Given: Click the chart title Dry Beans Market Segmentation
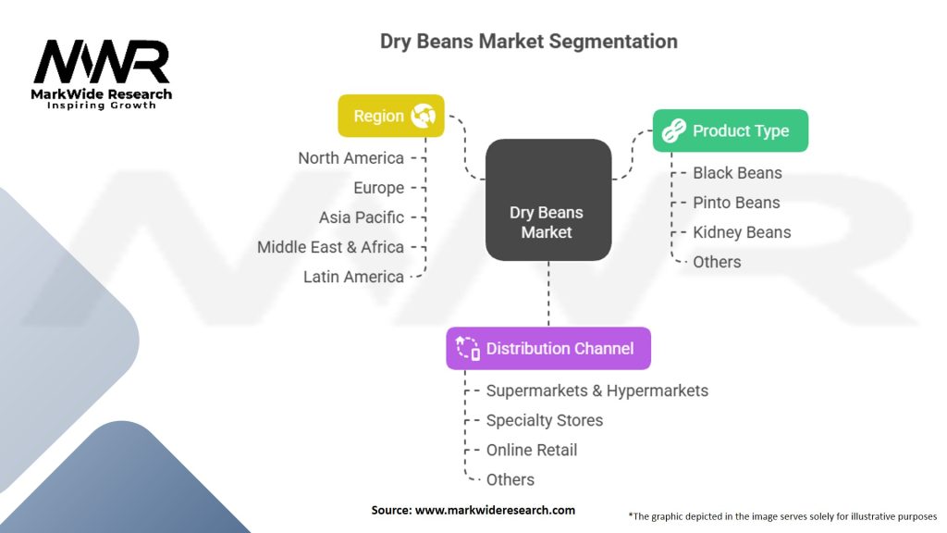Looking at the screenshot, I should [528, 42].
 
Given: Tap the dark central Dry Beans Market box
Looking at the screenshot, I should [547, 222].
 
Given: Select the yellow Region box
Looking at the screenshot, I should [390, 116].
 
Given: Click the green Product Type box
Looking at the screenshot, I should [730, 130].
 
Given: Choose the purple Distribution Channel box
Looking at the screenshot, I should [547, 349].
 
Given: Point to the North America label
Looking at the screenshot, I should [351, 158].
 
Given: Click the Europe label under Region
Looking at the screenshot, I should [378, 188].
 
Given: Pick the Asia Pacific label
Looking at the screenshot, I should [361, 217].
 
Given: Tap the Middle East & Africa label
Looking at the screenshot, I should [330, 247].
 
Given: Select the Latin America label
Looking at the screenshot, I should [353, 277].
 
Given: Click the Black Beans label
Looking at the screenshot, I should [737, 173].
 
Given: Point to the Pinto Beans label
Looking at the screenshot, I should [736, 203].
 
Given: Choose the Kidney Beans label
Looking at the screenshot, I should [742, 232].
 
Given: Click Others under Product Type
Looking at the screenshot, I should [717, 262].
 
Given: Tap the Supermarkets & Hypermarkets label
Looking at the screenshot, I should [596, 390].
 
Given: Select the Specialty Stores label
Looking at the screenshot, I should [544, 420].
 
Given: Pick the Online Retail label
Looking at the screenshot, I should [531, 450].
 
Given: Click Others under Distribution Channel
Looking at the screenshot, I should [510, 479].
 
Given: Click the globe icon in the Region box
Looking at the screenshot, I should [424, 116].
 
